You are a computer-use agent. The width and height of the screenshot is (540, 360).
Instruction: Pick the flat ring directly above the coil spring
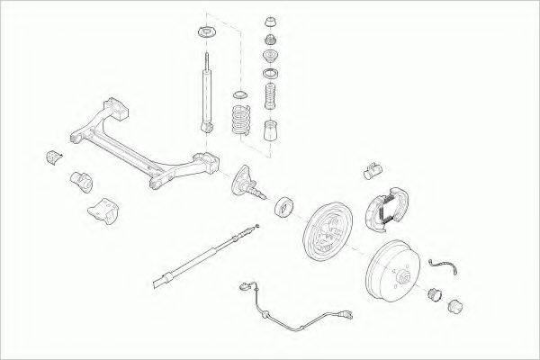(x=240, y=94)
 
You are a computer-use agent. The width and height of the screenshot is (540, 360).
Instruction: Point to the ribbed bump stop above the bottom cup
(x=268, y=96)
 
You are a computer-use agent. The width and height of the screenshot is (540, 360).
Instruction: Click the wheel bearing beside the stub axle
(x=284, y=205)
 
